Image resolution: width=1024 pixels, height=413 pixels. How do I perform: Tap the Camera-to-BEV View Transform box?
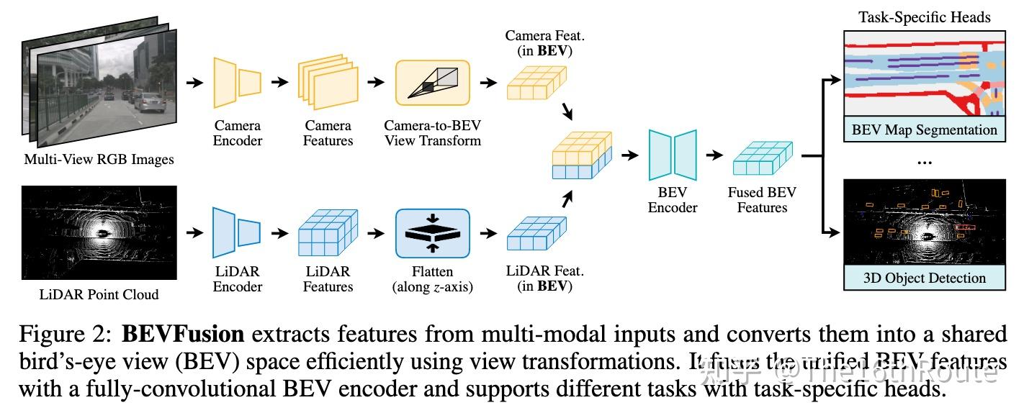point(432,83)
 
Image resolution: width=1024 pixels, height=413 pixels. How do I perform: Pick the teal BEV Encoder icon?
point(672,155)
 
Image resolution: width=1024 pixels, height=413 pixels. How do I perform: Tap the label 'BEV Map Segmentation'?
point(924,130)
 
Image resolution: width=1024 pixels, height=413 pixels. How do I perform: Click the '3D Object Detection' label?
point(924,278)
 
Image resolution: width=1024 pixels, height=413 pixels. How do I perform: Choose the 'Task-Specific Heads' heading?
point(924,17)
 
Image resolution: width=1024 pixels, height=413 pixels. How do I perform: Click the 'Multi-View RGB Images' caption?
point(99,159)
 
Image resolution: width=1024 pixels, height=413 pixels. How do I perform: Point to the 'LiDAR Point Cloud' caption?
point(99,294)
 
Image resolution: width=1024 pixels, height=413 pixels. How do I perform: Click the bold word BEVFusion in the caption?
point(184,335)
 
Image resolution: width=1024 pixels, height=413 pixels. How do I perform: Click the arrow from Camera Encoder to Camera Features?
point(279,83)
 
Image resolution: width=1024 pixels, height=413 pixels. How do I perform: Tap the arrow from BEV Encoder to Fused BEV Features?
point(714,155)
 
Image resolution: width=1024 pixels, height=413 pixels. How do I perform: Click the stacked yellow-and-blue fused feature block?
point(580,155)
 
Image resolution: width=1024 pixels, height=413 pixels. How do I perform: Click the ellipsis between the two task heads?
point(924,163)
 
